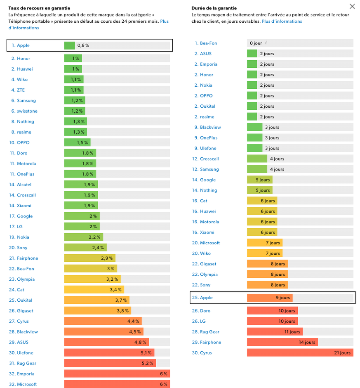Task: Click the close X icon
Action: tap(352, 6)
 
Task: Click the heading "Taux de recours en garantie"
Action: tap(39, 8)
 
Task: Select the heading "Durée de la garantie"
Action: tap(214, 8)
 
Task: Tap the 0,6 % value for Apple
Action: tap(83, 45)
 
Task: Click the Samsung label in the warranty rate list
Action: tap(26, 101)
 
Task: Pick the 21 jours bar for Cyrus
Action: tap(300, 353)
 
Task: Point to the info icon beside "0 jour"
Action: tap(266, 43)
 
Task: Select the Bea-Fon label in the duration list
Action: tap(208, 43)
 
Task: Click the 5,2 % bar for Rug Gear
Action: tap(110, 364)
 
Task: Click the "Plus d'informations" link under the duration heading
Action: tap(282, 21)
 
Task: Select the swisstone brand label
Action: tap(27, 111)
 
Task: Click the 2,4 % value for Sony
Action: tap(98, 248)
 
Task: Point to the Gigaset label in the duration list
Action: tap(208, 264)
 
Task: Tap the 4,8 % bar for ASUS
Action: tap(106, 343)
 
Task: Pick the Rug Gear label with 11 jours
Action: tap(209, 332)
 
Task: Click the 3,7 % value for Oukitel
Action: tap(121, 300)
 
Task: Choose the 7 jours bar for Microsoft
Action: tap(264, 243)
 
